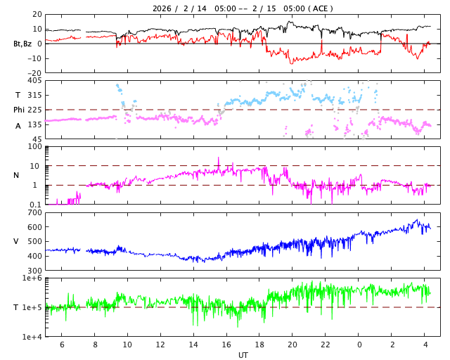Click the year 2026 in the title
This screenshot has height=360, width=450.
click(162, 8)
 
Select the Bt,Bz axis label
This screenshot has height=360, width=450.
click(22, 44)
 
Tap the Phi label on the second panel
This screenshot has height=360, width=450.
click(20, 110)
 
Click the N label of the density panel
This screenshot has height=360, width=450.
click(16, 175)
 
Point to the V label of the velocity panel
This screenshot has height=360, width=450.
click(16, 241)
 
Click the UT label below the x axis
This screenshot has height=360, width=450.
click(243, 355)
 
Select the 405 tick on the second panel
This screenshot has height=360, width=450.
click(34, 81)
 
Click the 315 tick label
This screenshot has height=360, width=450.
click(34, 95)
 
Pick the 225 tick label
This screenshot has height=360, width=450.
click(34, 110)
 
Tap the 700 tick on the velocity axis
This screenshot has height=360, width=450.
click(34, 212)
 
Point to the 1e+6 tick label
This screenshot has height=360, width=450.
click(32, 278)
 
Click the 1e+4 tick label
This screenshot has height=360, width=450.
click(32, 337)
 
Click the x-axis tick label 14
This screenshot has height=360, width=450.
click(193, 345)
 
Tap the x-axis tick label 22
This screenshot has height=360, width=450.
click(326, 345)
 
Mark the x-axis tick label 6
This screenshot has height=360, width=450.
click(62, 345)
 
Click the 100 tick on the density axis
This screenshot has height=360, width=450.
click(34, 147)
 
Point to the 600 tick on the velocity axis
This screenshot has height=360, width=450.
click(34, 227)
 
